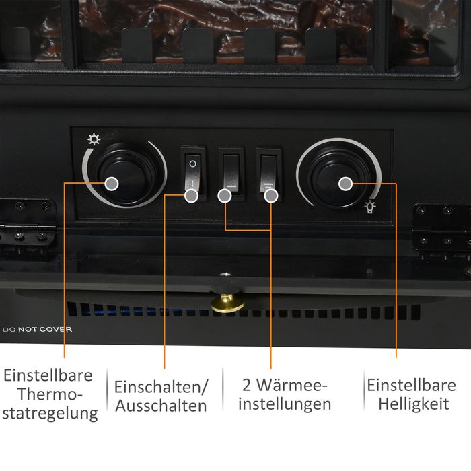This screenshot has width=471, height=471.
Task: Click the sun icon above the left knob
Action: [x=94, y=139]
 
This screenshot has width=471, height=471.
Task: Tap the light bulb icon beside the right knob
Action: [x=370, y=207]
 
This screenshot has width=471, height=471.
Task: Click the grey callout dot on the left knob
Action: [x=112, y=184]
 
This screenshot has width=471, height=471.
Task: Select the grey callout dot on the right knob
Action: [x=345, y=184]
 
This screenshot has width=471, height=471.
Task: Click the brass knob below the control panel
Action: [x=227, y=303]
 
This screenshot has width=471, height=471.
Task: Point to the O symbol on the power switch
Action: [x=192, y=164]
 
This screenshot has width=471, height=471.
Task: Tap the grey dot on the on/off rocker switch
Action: [x=191, y=196]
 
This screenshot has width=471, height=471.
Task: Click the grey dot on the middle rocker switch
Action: [x=225, y=196]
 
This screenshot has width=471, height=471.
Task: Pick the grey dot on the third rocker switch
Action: [x=271, y=196]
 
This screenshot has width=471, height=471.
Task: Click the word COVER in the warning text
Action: [x=56, y=329]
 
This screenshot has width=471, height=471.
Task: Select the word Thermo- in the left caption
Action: [x=50, y=394]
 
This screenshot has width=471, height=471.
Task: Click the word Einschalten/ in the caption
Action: [x=161, y=387]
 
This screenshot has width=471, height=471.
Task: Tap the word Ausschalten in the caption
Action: [x=161, y=406]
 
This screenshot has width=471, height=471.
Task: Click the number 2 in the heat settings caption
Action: [x=247, y=385]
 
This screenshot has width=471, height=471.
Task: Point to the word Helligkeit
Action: [x=414, y=404]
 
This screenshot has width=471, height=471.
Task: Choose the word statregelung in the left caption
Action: [x=50, y=414]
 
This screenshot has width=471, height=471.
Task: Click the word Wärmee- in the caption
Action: [x=291, y=385]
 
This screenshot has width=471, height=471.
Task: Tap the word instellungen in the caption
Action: [x=285, y=404]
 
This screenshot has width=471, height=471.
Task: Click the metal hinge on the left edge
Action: [x=28, y=228]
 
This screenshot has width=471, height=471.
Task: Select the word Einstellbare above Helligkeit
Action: [x=412, y=385]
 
